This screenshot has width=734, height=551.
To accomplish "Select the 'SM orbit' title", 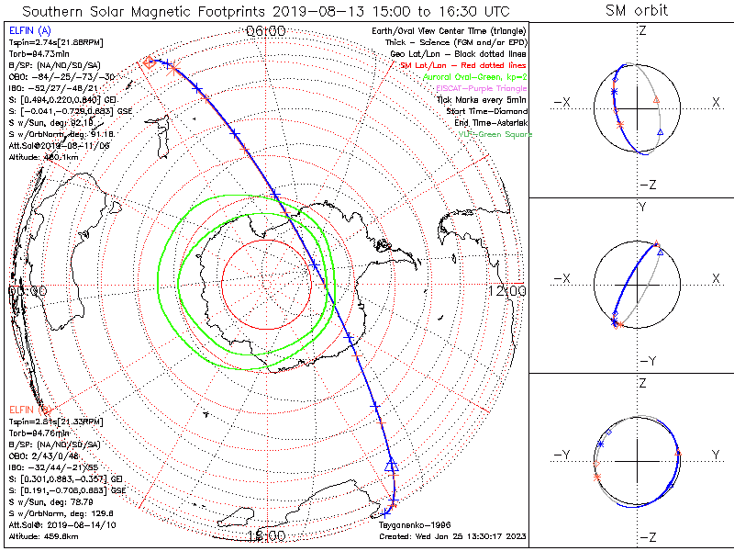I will (x=637, y=11).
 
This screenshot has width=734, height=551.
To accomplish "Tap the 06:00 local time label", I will (x=266, y=31).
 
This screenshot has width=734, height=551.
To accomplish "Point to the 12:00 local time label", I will (x=506, y=291).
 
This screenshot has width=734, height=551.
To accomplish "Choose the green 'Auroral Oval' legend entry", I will (x=474, y=77).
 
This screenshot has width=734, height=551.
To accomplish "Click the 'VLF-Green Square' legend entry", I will (x=495, y=134).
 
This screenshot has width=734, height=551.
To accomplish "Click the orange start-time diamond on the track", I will (x=149, y=62).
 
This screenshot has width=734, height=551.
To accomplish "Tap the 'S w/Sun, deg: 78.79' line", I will (x=50, y=501).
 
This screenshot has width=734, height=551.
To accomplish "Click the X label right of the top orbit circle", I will (x=716, y=102).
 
